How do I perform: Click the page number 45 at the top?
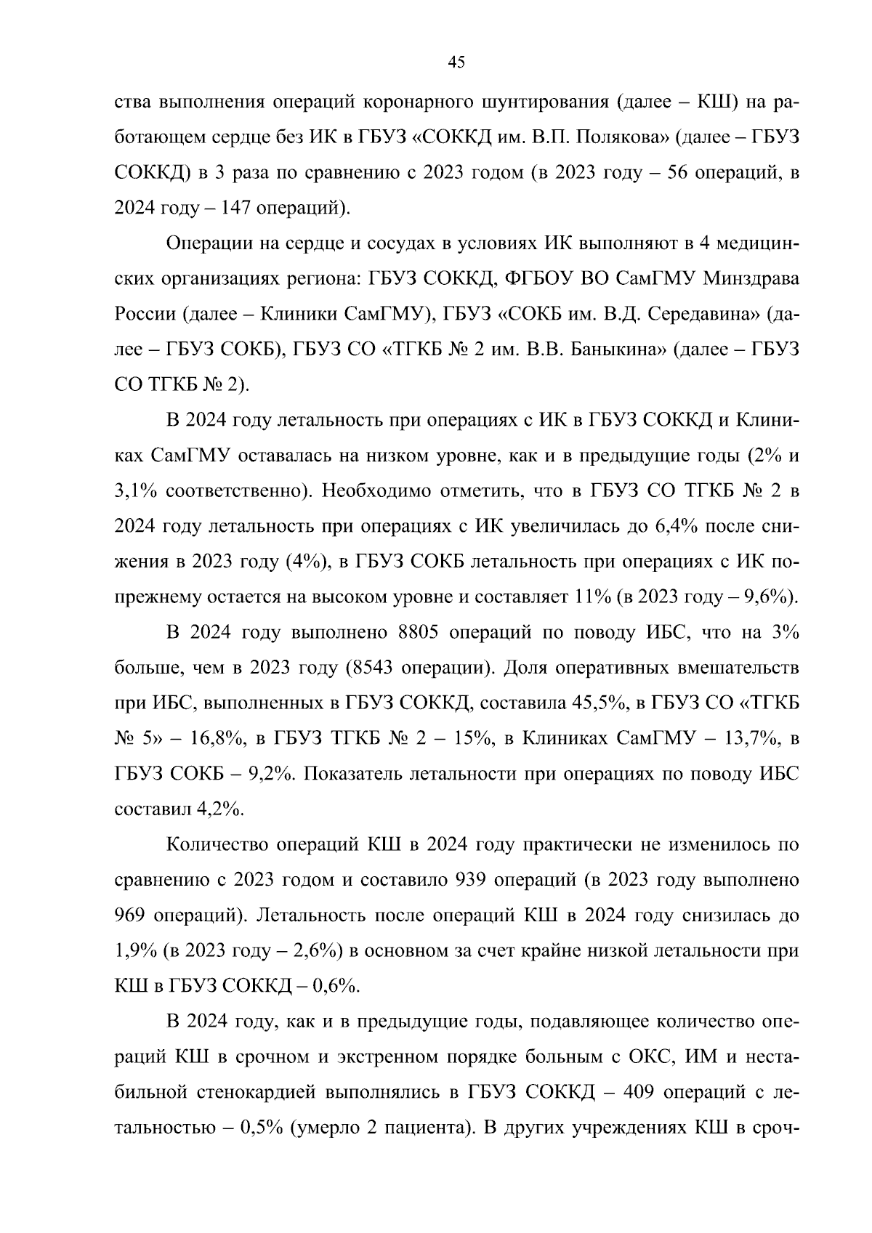point(456,62)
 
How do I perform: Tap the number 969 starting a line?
point(132,915)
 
